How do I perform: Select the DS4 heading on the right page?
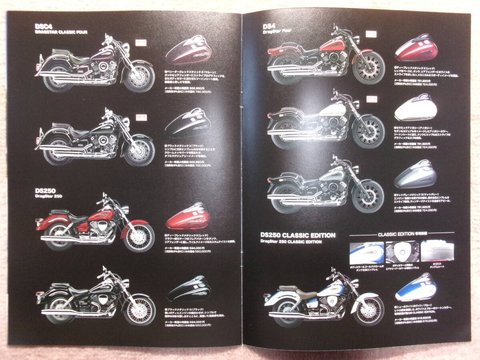click(x=269, y=27)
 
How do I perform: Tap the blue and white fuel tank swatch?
click(x=416, y=288)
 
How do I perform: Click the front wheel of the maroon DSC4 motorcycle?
click(x=139, y=77)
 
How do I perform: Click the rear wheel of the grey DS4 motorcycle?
click(x=283, y=198)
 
